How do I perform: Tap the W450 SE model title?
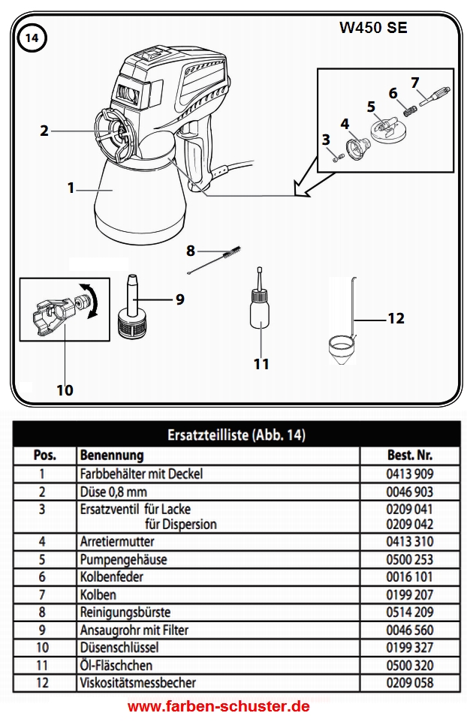[375, 28]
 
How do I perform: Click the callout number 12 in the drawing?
[396, 319]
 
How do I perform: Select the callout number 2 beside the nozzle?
[44, 131]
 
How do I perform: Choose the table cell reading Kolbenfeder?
[111, 576]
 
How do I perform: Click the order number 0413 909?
[410, 474]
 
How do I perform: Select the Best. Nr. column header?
[409, 456]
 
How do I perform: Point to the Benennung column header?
[112, 456]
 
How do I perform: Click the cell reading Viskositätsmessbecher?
[137, 682]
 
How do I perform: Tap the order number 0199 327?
[410, 647]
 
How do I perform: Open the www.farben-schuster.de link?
[218, 707]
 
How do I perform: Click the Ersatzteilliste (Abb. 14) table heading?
[236, 435]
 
